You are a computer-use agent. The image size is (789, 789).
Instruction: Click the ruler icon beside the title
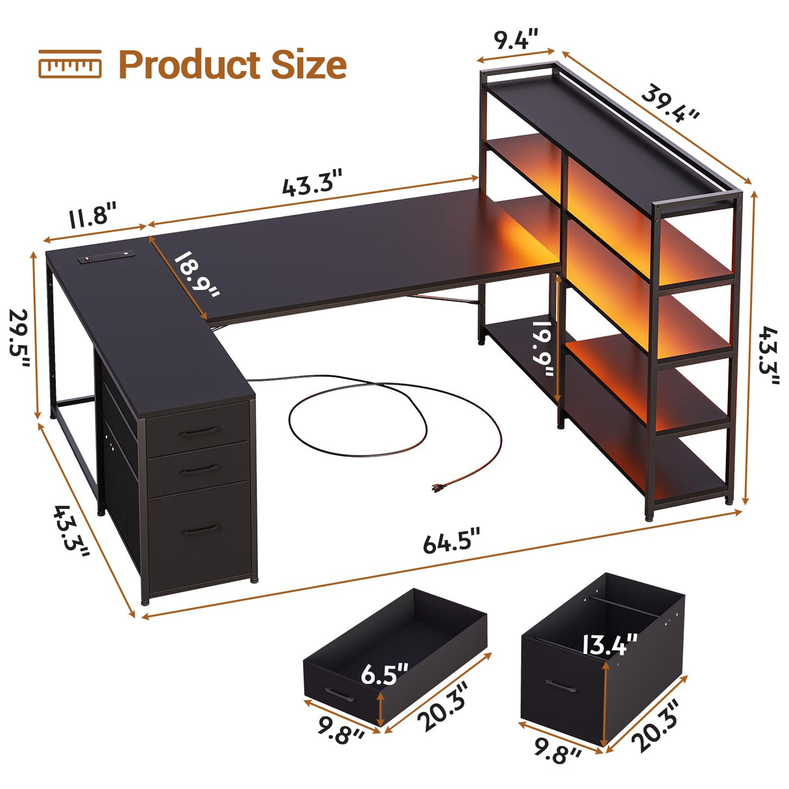(x=70, y=64)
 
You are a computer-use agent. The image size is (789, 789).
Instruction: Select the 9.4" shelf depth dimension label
(x=517, y=40)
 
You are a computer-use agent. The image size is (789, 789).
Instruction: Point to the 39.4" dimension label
(x=670, y=103)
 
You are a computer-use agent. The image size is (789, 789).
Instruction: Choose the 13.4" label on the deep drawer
(x=609, y=645)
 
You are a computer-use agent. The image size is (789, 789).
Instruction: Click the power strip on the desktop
(x=107, y=258)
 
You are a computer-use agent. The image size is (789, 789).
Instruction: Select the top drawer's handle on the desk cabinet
(x=198, y=432)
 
